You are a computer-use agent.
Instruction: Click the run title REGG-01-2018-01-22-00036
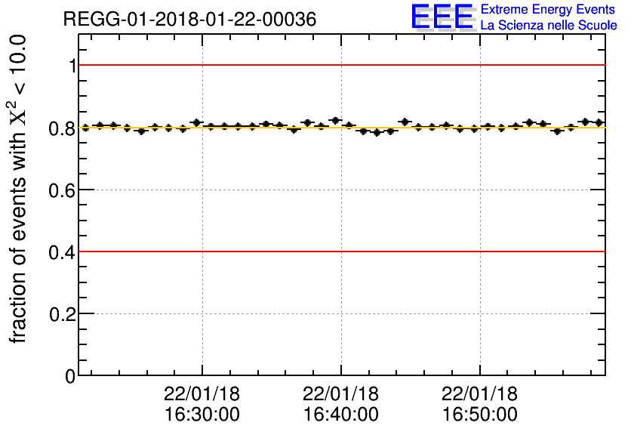click(x=189, y=19)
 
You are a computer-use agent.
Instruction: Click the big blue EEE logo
click(x=442, y=17)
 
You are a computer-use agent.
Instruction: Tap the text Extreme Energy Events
click(x=548, y=10)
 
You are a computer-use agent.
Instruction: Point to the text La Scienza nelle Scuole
click(x=548, y=26)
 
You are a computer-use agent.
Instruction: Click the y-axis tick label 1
click(x=71, y=66)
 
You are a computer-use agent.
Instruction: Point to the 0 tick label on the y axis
click(x=70, y=375)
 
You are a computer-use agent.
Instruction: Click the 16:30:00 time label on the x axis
click(x=202, y=414)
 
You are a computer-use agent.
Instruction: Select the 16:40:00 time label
click(x=341, y=414)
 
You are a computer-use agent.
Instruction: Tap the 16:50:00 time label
click(x=480, y=414)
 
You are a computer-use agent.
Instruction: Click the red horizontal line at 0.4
click(x=340, y=251)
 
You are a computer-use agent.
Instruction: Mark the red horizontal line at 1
click(x=340, y=65)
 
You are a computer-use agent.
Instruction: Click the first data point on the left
click(x=85, y=128)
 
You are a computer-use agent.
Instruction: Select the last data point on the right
click(x=599, y=122)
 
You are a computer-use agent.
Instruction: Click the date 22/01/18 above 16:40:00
click(x=341, y=394)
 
